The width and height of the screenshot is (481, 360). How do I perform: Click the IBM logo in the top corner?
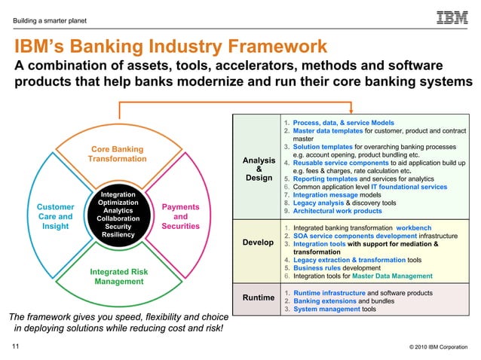point(451,17)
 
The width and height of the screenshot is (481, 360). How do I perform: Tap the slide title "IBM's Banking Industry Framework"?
point(170,47)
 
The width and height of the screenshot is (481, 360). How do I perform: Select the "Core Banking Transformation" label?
point(117,154)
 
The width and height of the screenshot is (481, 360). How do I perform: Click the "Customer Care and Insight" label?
point(56,216)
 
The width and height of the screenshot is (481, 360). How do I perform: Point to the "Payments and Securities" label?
point(180,216)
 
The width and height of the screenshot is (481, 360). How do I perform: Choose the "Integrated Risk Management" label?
point(118,276)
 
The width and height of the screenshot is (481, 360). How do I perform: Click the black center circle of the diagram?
point(118,215)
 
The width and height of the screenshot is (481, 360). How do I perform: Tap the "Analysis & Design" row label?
point(259,169)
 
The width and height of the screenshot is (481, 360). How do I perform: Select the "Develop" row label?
point(259,243)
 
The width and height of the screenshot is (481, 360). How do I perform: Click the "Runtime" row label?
point(259,298)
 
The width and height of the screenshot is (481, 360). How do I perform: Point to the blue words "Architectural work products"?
point(337,212)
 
